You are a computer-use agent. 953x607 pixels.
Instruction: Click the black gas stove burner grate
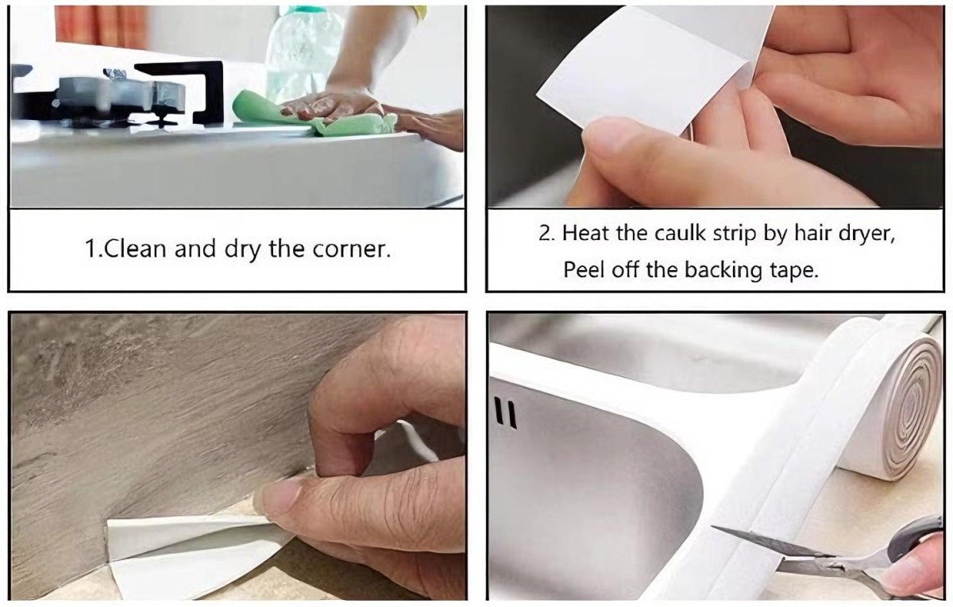pyautogui.click(x=119, y=95)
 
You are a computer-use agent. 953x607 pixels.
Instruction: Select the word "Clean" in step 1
pyautogui.click(x=136, y=249)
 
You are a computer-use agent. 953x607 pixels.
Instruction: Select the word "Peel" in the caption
pyautogui.click(x=582, y=269)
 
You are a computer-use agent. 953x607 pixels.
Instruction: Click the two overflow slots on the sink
pyautogui.click(x=506, y=414)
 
